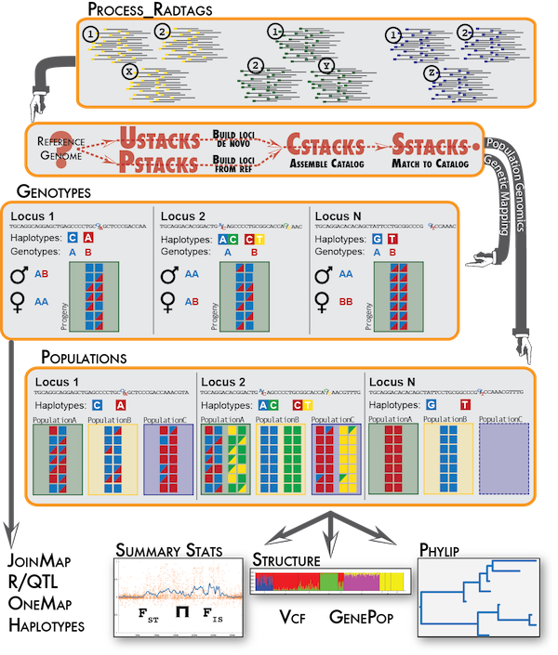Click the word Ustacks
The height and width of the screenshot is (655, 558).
point(161,140)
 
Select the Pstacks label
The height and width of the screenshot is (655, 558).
point(161,165)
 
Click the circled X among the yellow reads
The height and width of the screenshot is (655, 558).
point(130,71)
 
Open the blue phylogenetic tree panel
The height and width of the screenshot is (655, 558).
point(476,598)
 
